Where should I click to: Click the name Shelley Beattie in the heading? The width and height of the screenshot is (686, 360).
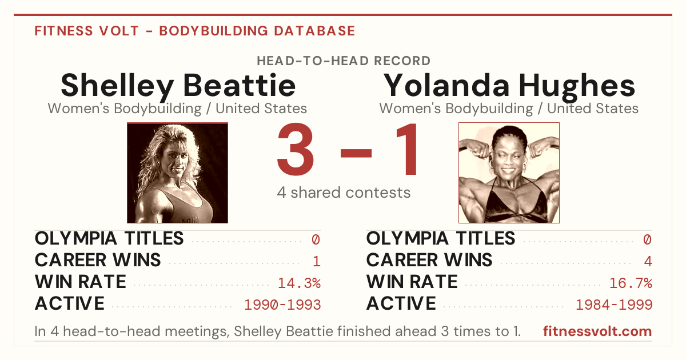pos(178,86)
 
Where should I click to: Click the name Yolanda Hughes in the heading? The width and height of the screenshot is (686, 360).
pos(509,86)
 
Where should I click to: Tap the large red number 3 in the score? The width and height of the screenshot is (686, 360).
pos(296,149)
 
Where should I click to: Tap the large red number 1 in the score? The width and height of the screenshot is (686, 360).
pos(406,149)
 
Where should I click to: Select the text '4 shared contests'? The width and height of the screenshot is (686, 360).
pos(344,193)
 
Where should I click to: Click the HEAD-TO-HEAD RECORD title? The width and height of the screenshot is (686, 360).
pos(344,61)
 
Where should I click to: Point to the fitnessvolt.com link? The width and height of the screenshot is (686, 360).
pos(597,331)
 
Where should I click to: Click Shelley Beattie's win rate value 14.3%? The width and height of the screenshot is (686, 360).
pos(299,283)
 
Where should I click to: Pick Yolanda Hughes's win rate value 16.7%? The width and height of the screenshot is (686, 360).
pos(631,283)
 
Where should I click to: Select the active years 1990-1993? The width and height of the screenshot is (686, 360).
pos(282,305)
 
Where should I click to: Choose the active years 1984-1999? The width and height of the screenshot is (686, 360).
pos(614,305)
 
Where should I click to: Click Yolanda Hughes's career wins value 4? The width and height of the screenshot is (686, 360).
pos(648,261)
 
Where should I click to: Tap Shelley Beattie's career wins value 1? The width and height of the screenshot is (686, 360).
pos(317,261)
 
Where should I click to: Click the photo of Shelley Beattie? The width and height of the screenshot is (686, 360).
pos(178,173)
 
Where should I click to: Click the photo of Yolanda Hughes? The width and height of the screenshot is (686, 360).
pos(509,173)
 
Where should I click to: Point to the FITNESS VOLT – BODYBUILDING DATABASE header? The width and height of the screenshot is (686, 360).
pos(195,31)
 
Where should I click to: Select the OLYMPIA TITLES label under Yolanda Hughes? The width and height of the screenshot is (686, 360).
pos(441,238)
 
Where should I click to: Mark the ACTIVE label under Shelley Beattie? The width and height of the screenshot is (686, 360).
pos(70,303)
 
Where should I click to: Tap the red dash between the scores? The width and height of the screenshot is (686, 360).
pos(356,153)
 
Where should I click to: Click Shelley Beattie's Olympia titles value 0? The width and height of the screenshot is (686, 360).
pos(316,239)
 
